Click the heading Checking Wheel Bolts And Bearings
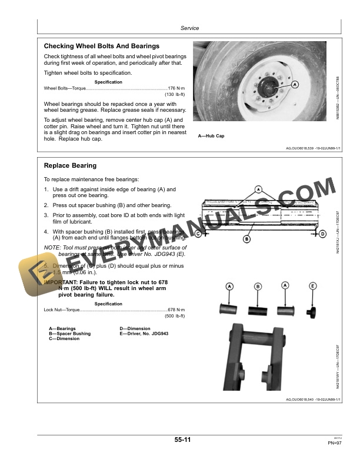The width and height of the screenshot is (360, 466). pyautogui.click(x=102, y=46)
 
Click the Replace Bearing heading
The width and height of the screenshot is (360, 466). pyautogui.click(x=71, y=166)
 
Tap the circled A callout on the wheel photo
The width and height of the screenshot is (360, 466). pyautogui.click(x=295, y=85)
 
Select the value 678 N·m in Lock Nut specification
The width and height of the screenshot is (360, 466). pyautogui.click(x=176, y=310)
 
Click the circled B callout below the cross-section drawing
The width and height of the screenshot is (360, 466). pyautogui.click(x=263, y=239)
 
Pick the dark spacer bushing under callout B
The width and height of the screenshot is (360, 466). pyautogui.click(x=258, y=309)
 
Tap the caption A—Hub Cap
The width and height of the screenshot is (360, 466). pyautogui.click(x=211, y=136)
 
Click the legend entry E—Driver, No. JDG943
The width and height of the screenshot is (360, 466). pyautogui.click(x=144, y=334)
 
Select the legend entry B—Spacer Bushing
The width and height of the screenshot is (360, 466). pyautogui.click(x=70, y=334)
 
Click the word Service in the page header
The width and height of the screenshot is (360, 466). pyautogui.click(x=189, y=28)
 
